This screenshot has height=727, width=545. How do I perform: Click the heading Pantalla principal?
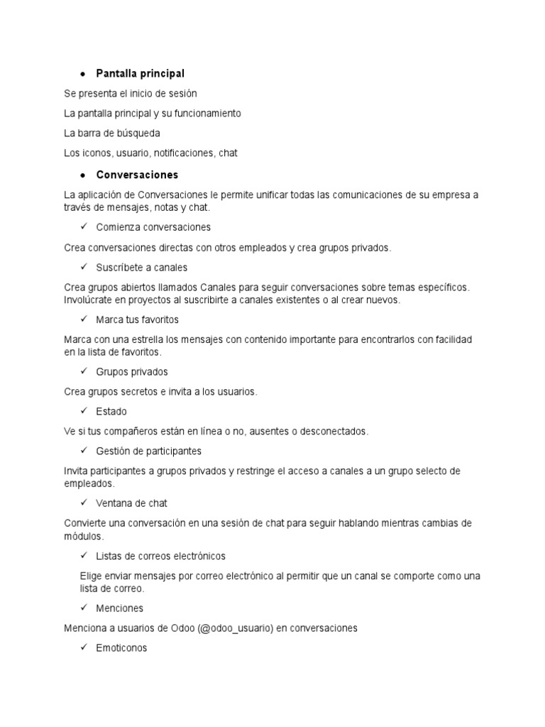tap(140, 74)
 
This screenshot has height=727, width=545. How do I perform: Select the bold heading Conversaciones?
tap(137, 175)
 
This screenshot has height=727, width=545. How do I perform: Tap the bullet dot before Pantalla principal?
tap(83, 75)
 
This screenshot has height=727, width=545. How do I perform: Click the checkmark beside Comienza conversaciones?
tap(84, 227)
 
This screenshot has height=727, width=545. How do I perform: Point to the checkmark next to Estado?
tap(84, 411)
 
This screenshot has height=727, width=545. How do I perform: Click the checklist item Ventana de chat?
tap(131, 503)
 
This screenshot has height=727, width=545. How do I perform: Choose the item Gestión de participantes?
tap(148, 451)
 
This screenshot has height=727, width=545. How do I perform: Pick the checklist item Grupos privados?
tap(131, 372)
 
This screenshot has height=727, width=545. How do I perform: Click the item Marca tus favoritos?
tap(137, 319)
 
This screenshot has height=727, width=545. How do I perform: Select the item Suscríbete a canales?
tap(141, 268)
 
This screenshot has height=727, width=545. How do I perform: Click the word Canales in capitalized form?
tap(220, 288)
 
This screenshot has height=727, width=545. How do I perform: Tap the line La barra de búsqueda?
tap(111, 133)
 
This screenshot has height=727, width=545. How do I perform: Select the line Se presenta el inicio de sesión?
tap(130, 94)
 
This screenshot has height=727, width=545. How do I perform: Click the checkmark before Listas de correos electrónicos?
tap(84, 555)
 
